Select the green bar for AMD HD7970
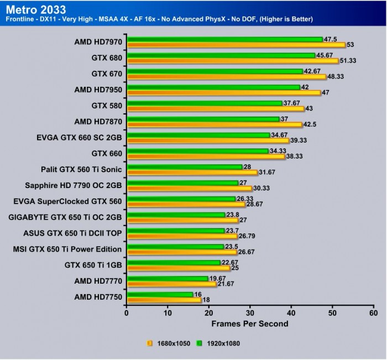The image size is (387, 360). (x=224, y=39)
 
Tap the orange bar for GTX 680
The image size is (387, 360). (x=232, y=61)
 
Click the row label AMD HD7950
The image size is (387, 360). (x=98, y=88)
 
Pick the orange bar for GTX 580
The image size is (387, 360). (x=215, y=108)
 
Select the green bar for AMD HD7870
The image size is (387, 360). (x=203, y=119)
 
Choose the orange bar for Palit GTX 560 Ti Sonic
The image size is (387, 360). (x=192, y=172)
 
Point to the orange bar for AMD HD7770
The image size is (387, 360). (x=171, y=284)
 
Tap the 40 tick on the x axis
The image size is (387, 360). (x=291, y=313)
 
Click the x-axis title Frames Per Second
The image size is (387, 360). (x=249, y=323)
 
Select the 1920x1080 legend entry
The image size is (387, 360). (x=222, y=343)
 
